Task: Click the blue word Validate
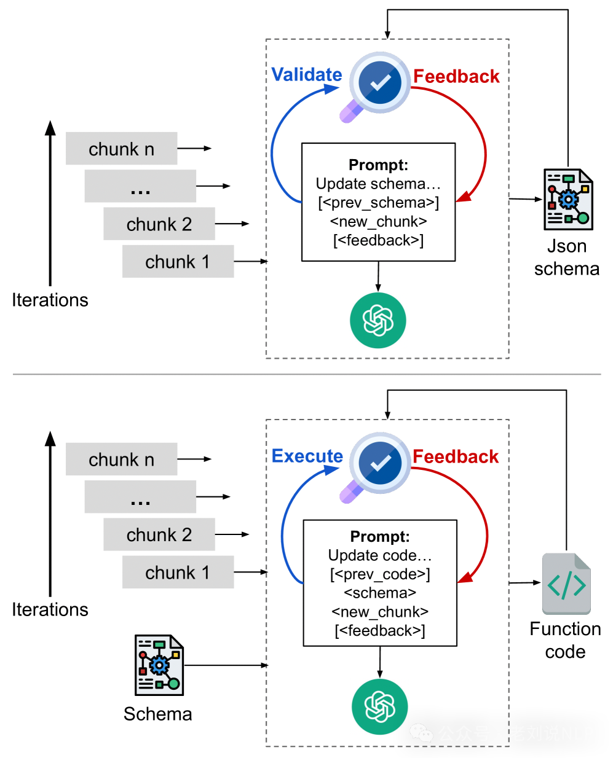pos(307,74)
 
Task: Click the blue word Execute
pos(307,456)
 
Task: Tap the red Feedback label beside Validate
pos(456,76)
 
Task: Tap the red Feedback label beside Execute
pos(456,456)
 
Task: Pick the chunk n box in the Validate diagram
pos(122,149)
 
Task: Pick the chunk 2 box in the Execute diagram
pos(159,534)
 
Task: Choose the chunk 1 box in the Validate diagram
pos(178,262)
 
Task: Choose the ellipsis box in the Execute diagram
pos(140,497)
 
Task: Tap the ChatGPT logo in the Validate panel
pos(378,321)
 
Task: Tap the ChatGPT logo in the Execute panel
pos(379,706)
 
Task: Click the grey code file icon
pos(566,584)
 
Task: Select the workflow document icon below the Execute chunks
pos(159,665)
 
